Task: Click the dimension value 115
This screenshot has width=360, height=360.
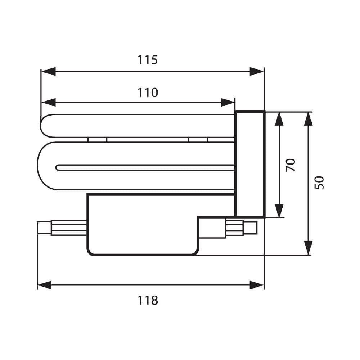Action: pos(148,59)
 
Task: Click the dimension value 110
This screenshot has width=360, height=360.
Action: pos(148,93)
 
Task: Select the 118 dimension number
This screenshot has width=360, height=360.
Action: pos(148,300)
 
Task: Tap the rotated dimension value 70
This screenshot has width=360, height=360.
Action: pos(291,165)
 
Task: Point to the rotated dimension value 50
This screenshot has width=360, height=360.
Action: pos(320,183)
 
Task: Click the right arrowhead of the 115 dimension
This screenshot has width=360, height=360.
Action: pos(256,71)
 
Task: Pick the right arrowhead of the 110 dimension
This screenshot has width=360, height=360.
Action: pos(228,102)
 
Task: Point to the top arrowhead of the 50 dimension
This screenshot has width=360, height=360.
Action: pos(308,119)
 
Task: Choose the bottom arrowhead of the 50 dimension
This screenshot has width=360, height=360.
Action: pos(308,248)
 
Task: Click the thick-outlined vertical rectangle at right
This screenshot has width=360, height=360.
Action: pos(250,164)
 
